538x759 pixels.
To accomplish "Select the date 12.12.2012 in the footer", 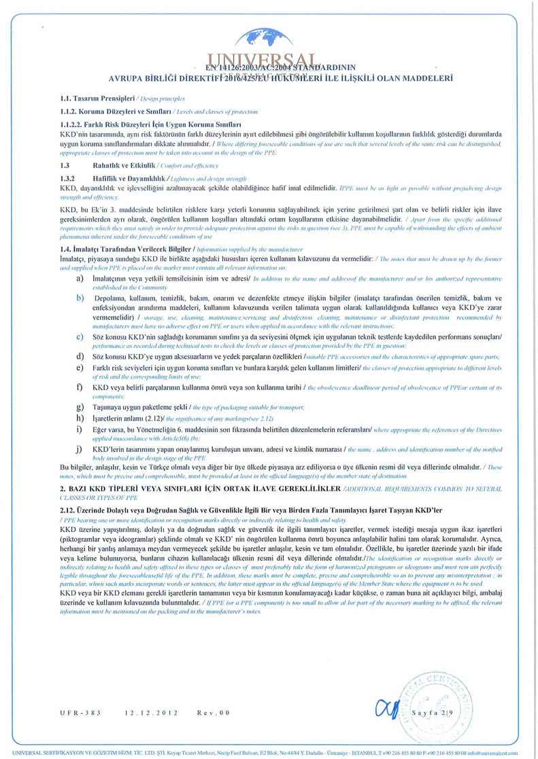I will click(x=150, y=713).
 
